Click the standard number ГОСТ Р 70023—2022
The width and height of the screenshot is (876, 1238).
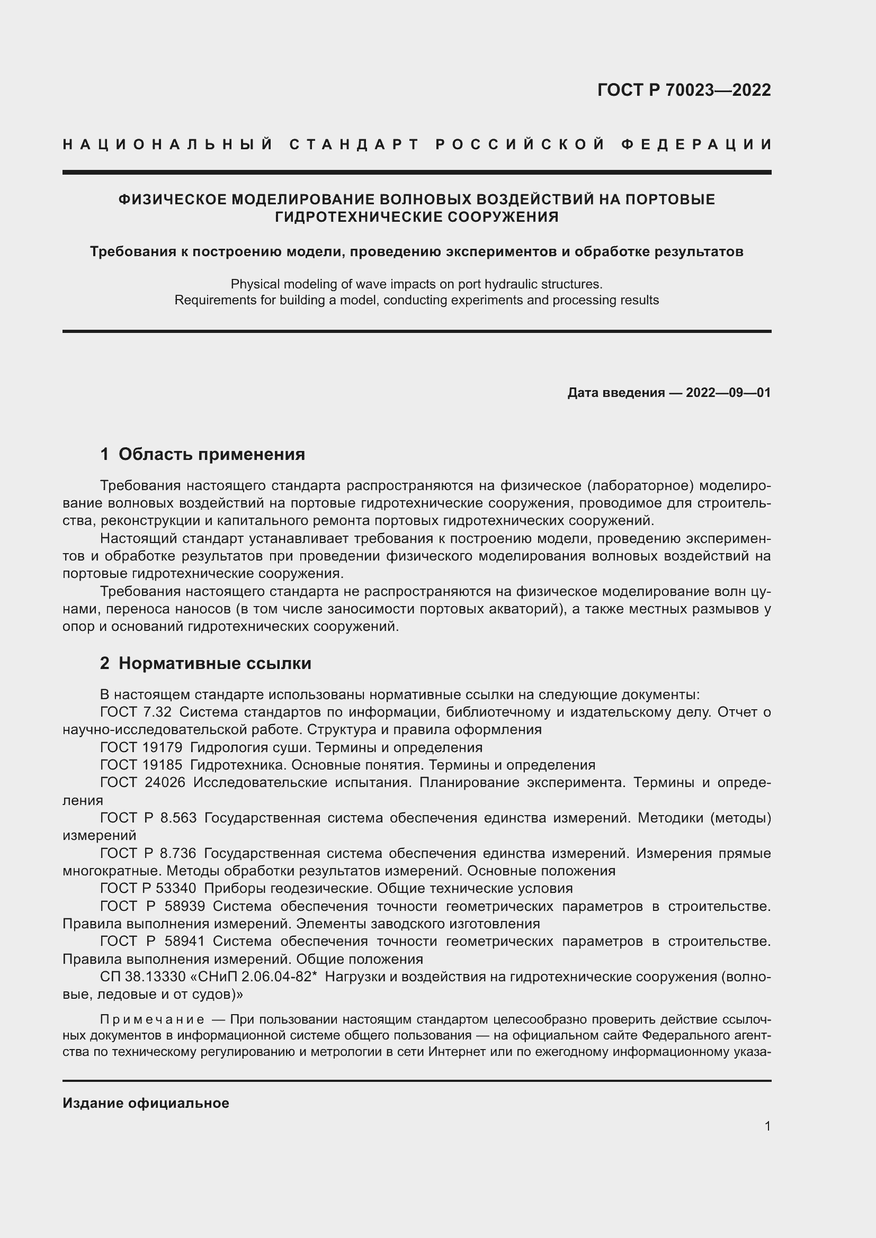click(x=684, y=90)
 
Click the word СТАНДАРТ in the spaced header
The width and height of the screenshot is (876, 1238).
click(x=354, y=144)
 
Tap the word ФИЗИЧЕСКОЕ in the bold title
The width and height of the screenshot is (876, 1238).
click(x=172, y=200)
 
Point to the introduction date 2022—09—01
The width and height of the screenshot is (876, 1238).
click(x=728, y=393)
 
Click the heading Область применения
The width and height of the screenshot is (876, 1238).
click(x=211, y=454)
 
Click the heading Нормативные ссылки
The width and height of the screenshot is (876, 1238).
click(x=214, y=663)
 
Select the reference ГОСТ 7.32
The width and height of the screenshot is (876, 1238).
click(x=136, y=712)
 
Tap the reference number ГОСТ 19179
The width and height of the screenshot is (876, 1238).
click(x=141, y=747)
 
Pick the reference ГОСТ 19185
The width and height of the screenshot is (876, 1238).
click(x=141, y=765)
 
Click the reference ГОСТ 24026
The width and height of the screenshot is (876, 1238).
click(x=142, y=782)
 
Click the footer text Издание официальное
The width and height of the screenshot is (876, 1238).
click(x=146, y=1103)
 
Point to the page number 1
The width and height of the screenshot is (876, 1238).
click(x=767, y=1126)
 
